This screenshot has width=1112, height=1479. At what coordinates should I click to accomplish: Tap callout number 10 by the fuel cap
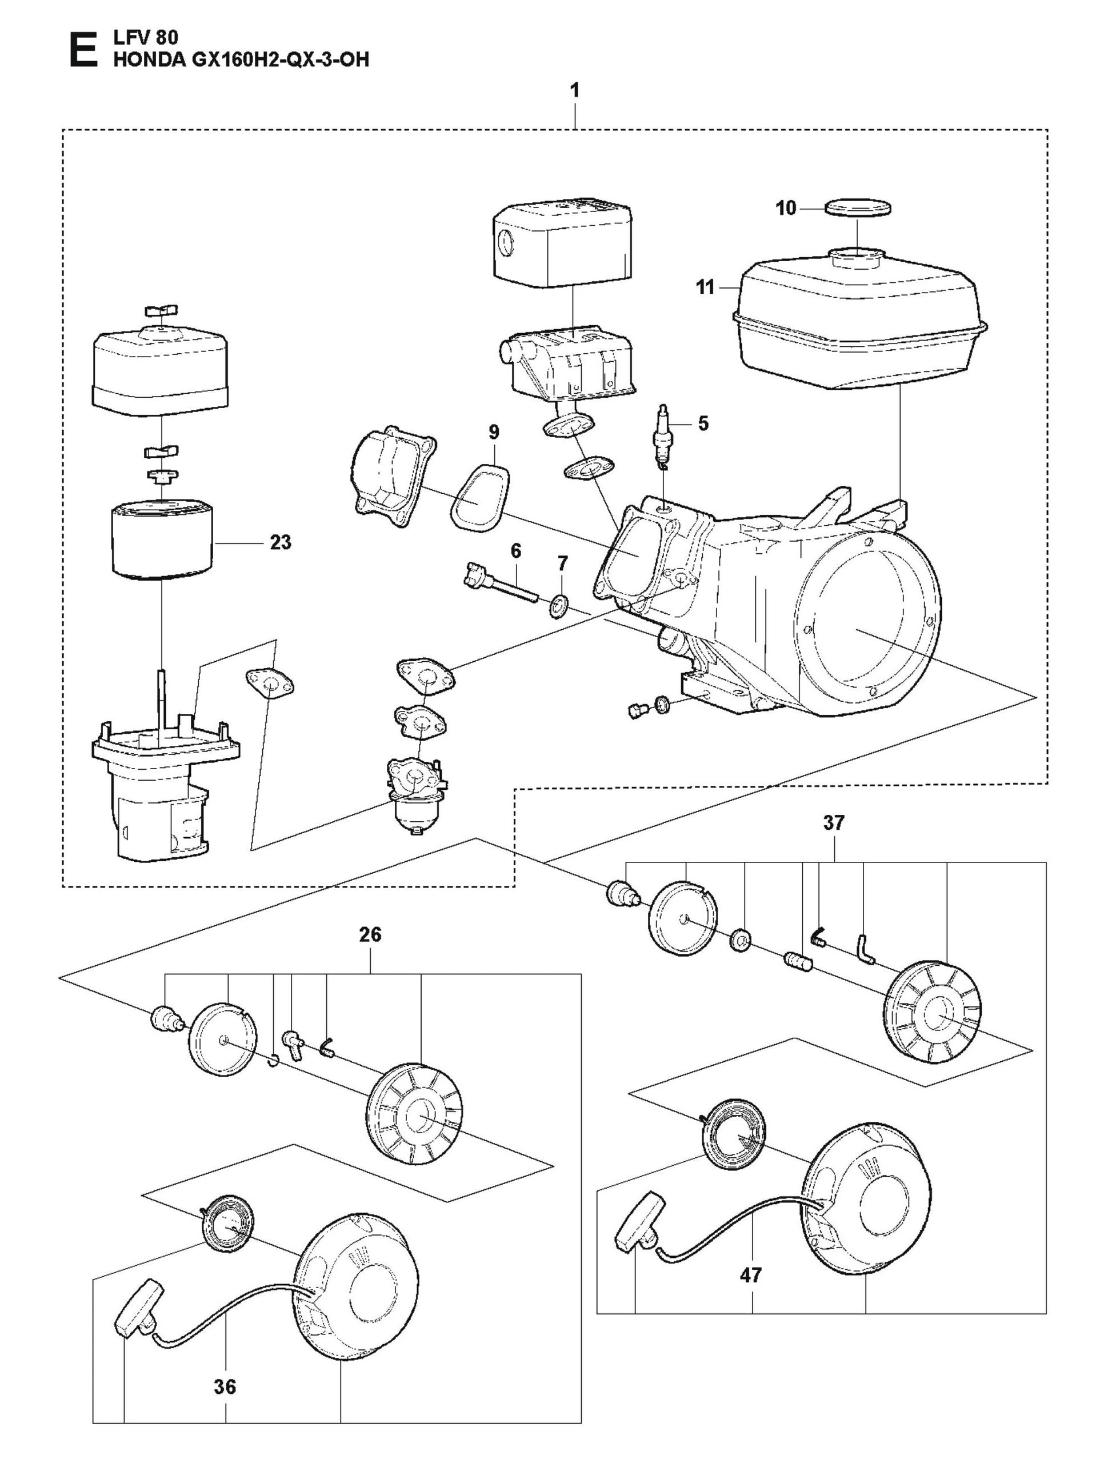[786, 209]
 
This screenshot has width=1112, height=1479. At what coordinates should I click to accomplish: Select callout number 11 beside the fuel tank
[706, 287]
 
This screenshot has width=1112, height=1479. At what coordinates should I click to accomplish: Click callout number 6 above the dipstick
[515, 551]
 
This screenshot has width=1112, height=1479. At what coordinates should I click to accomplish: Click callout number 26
[370, 934]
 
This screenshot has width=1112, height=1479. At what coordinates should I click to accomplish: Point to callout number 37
[834, 822]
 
